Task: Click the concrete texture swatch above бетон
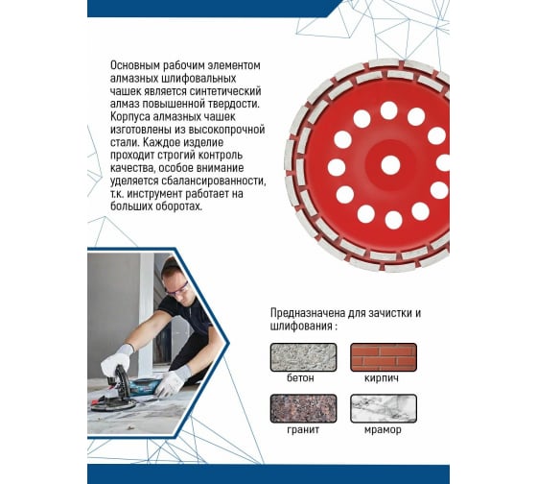(303, 357)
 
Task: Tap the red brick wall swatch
(384, 357)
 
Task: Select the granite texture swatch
(303, 408)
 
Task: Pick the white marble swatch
(384, 408)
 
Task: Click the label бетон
(300, 378)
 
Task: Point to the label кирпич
(382, 378)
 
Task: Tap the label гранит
(303, 430)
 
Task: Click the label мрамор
(383, 430)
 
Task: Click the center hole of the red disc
(390, 164)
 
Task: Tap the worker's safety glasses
(178, 289)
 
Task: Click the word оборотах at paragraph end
(179, 206)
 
